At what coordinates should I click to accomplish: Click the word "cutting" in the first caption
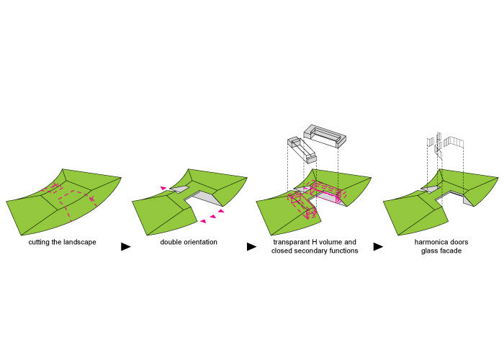pos(39,242)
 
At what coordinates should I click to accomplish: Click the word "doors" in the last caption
pos(458,242)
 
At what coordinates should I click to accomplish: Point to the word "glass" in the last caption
pos(429,251)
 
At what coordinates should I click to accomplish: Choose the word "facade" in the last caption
pos(451,251)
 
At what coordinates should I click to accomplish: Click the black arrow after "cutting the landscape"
pos(126,247)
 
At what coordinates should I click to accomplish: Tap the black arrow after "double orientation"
pos(251,247)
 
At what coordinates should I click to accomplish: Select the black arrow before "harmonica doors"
pos(378,247)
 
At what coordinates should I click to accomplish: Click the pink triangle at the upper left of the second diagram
pos(164,188)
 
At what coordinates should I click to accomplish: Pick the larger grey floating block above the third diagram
pos(325,136)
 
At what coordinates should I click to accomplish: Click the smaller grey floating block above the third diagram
pos(302,150)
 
